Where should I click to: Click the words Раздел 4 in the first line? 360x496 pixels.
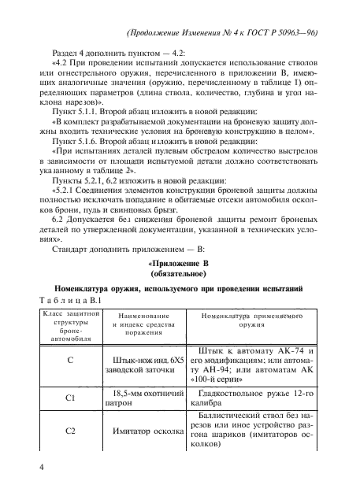tap(73, 59)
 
